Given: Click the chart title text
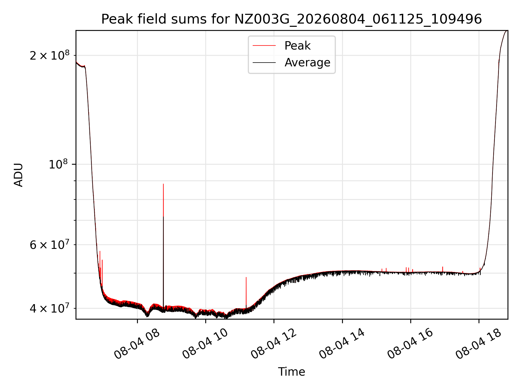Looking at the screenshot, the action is click(x=291, y=19).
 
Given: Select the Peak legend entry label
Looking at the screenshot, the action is click(x=297, y=46).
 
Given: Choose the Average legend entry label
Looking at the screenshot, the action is click(x=307, y=63).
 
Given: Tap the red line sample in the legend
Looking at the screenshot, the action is click(x=264, y=46).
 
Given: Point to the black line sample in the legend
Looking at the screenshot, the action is click(x=264, y=63).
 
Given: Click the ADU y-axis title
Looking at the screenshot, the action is click(x=18, y=175).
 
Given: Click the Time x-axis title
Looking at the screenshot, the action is click(x=291, y=372).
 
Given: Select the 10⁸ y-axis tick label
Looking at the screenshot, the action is click(x=59, y=164).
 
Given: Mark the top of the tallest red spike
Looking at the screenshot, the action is click(x=163, y=184).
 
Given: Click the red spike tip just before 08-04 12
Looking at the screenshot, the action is click(x=246, y=277).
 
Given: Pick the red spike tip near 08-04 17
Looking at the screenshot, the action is click(x=443, y=267).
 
